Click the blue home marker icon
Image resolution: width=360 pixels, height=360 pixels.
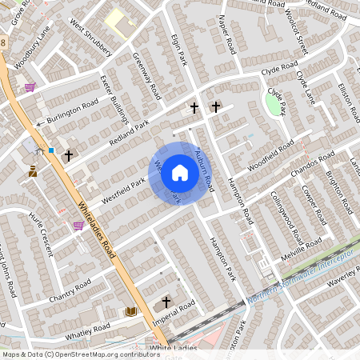click(179, 173)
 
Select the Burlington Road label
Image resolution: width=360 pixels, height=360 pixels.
click(72, 111)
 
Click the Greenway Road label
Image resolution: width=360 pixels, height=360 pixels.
click(147, 76)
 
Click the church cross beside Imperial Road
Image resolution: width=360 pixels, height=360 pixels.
click(166, 302)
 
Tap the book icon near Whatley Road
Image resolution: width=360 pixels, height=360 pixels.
click(131, 310)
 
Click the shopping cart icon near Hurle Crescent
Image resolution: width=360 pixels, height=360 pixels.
click(78, 226)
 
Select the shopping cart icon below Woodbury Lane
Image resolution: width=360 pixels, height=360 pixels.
click(30, 86)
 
